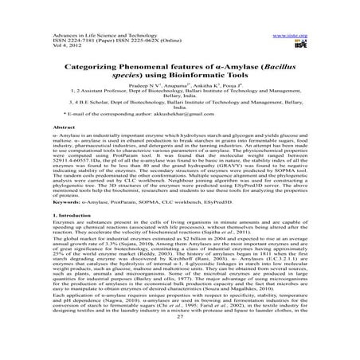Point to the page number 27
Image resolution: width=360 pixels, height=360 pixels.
click(179, 338)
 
